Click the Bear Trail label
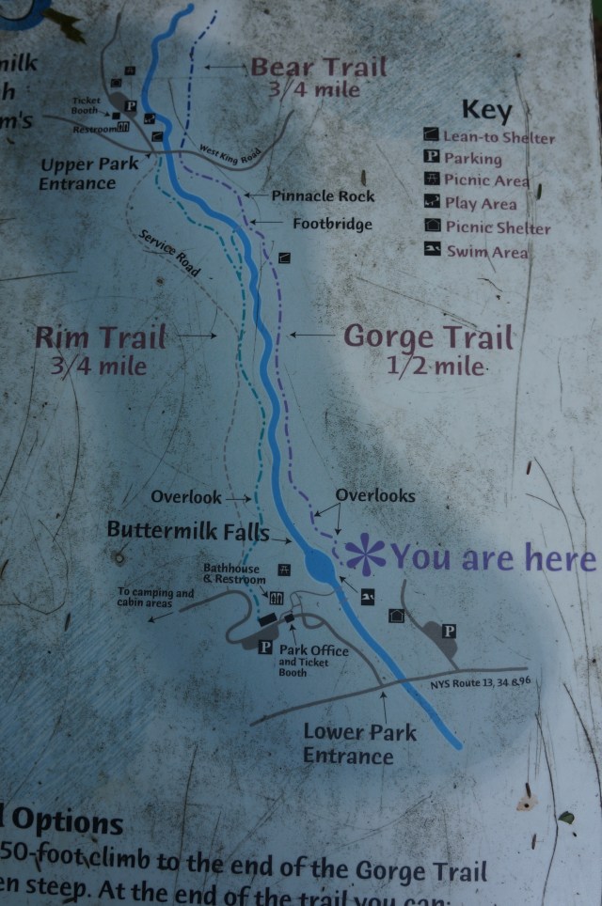pos(318,68)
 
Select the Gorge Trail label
pos(428,337)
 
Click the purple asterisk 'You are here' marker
pos(364,555)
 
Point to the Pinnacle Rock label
pos(323,196)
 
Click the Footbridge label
pos(332,225)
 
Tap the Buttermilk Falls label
pos(187,530)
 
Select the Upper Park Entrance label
pos(89,173)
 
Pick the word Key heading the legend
pos(486,110)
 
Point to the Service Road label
pos(170,253)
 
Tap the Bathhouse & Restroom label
pos(234,574)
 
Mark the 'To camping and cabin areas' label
pos(155,598)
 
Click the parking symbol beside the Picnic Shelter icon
pos(449,631)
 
